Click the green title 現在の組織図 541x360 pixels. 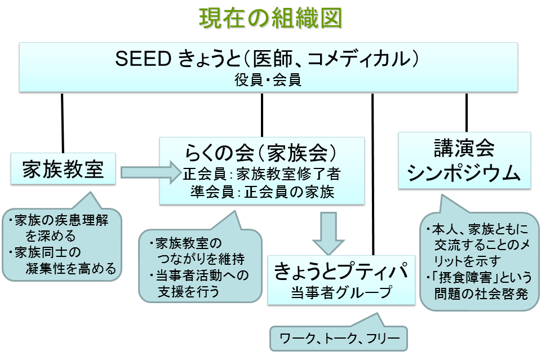270,18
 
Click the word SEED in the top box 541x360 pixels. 143,59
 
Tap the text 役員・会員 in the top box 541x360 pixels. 268,80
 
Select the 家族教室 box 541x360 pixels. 63,168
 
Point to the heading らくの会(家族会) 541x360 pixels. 261,153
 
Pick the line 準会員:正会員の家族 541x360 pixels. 262,192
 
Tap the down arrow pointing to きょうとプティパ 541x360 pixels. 328,233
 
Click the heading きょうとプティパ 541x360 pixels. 342,270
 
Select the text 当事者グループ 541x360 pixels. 342,292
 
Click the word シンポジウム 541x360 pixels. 464,172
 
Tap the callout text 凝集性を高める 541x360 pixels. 71,268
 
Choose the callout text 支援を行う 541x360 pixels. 188,291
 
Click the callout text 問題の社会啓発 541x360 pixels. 481,294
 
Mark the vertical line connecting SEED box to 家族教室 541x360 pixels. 63,123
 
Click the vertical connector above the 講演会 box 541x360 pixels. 467,113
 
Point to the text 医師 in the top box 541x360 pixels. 273,59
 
